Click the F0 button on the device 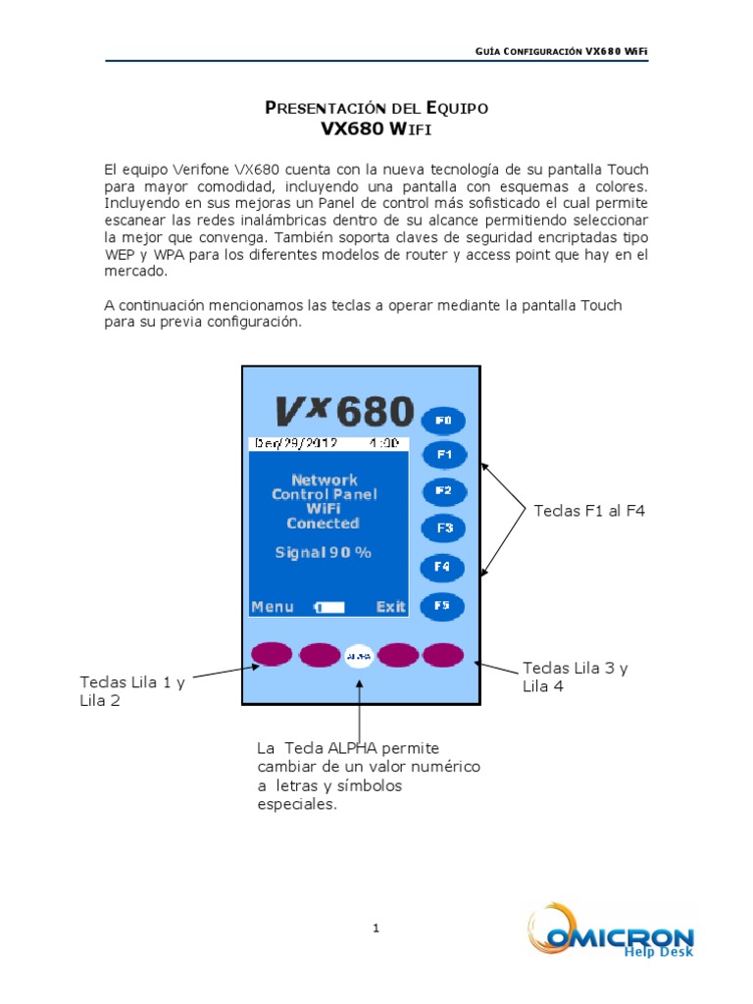point(442,421)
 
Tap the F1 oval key point(443,455)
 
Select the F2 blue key point(443,490)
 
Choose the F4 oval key point(442,567)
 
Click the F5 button point(442,605)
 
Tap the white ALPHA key point(360,654)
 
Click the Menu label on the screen point(273,607)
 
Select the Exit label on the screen point(390,607)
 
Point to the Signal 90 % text point(324,553)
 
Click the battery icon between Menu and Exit point(330,608)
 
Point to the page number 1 point(376,928)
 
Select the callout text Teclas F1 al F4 point(589,511)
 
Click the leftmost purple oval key point(271,654)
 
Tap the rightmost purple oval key point(442,654)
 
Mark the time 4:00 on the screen point(383,443)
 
